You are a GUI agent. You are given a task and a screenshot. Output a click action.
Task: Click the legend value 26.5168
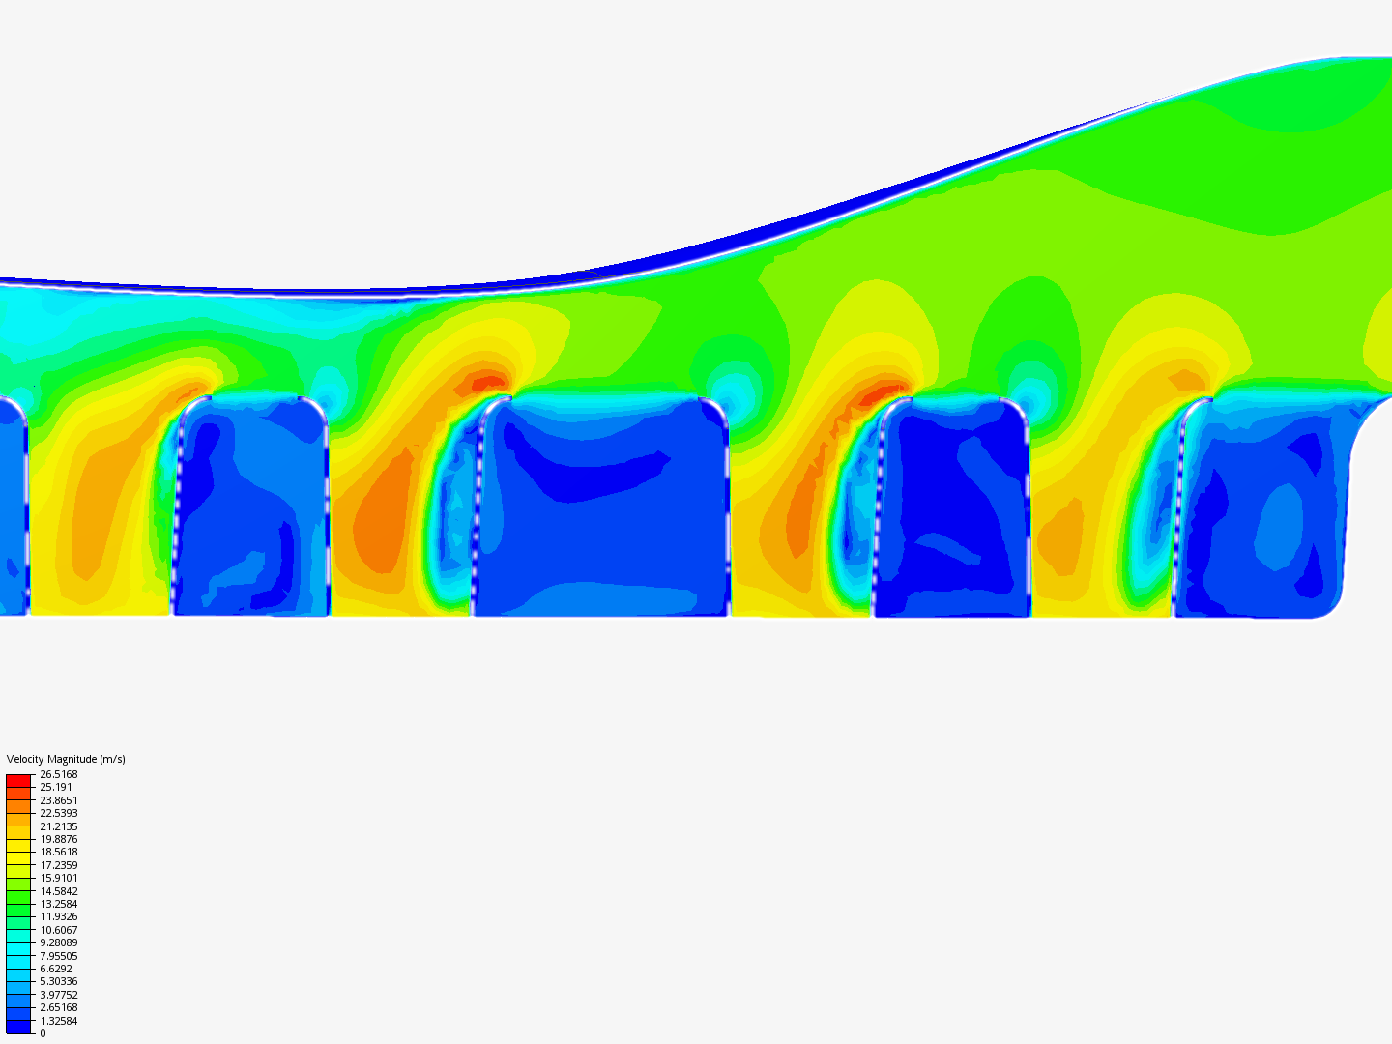59,774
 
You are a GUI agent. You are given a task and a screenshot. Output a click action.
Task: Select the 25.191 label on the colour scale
56,787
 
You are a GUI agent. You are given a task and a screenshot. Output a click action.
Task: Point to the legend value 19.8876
59,839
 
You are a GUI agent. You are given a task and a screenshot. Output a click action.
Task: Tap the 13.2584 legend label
59,904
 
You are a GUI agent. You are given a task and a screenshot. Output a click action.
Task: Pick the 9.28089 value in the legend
59,942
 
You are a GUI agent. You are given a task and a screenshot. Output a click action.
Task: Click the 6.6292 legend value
56,969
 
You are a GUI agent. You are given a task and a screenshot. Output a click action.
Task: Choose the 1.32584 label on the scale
59,1021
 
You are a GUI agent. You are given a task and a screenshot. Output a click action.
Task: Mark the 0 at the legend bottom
43,1033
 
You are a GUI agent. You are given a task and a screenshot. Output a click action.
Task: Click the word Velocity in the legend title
23,759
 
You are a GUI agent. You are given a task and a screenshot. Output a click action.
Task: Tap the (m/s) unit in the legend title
112,759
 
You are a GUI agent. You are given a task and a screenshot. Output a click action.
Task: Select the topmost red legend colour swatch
18,780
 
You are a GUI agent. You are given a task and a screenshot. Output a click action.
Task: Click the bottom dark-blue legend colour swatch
18,1027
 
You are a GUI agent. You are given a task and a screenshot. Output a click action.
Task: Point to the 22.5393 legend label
59,813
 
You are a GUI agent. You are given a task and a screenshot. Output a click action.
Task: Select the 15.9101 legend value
59,878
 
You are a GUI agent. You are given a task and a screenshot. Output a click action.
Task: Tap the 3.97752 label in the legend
59,995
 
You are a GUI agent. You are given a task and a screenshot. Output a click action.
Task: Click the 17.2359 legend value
59,865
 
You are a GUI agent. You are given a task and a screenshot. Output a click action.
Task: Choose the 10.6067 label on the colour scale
59,930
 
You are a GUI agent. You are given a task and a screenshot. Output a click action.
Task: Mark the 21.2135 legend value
59,826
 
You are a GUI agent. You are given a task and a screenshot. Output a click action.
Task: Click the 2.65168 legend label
59,1007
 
